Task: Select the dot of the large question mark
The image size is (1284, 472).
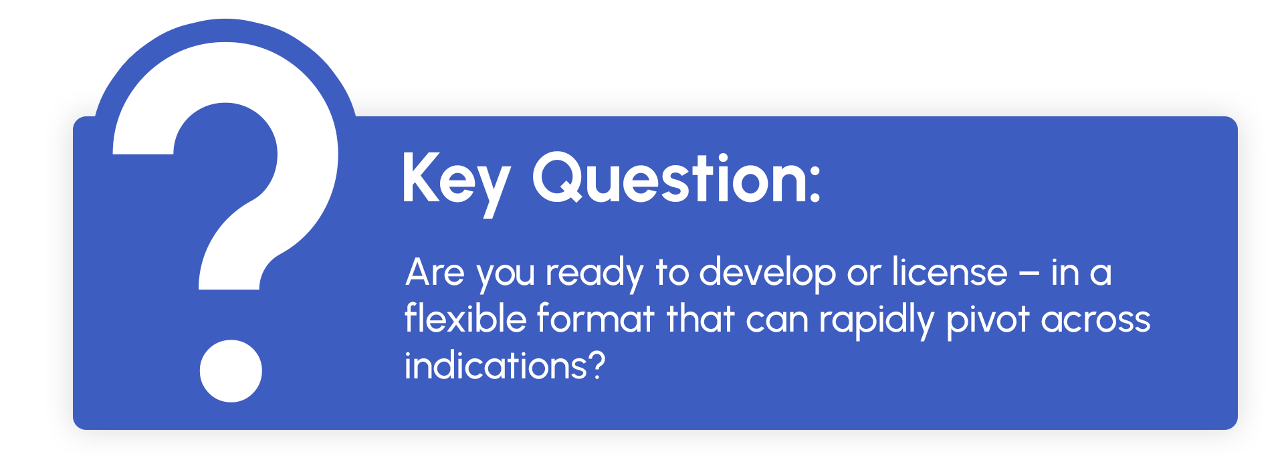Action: (x=231, y=371)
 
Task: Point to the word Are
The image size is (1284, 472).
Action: (x=435, y=273)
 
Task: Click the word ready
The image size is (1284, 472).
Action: (x=595, y=275)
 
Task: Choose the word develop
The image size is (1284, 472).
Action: (x=768, y=275)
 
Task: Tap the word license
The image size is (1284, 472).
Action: (x=949, y=272)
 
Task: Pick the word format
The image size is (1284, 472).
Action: (x=595, y=318)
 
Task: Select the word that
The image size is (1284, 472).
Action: (x=700, y=318)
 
